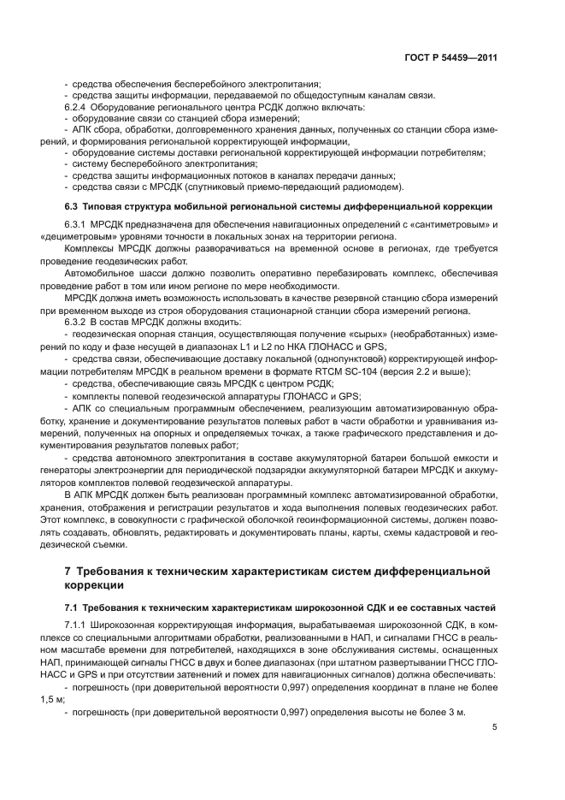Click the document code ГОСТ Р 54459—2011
pyautogui.click(x=450, y=57)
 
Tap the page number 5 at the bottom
pyautogui.click(x=495, y=728)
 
